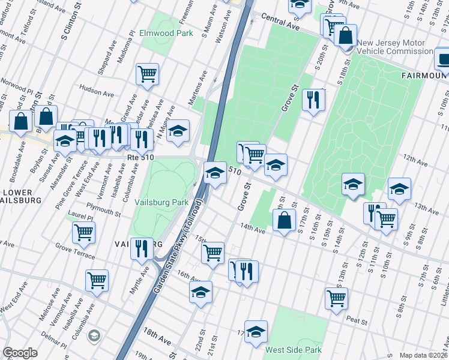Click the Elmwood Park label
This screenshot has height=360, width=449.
(166, 33)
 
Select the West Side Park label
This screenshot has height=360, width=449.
(294, 350)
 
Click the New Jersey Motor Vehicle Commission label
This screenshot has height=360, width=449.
(394, 47)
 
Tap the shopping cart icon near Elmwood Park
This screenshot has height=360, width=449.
(147, 75)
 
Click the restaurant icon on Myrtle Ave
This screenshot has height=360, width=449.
(142, 248)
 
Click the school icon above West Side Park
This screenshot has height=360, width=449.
(256, 332)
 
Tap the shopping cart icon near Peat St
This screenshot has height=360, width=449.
(337, 298)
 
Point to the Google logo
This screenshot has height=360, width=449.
(20, 353)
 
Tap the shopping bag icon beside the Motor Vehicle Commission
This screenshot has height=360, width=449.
(346, 35)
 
